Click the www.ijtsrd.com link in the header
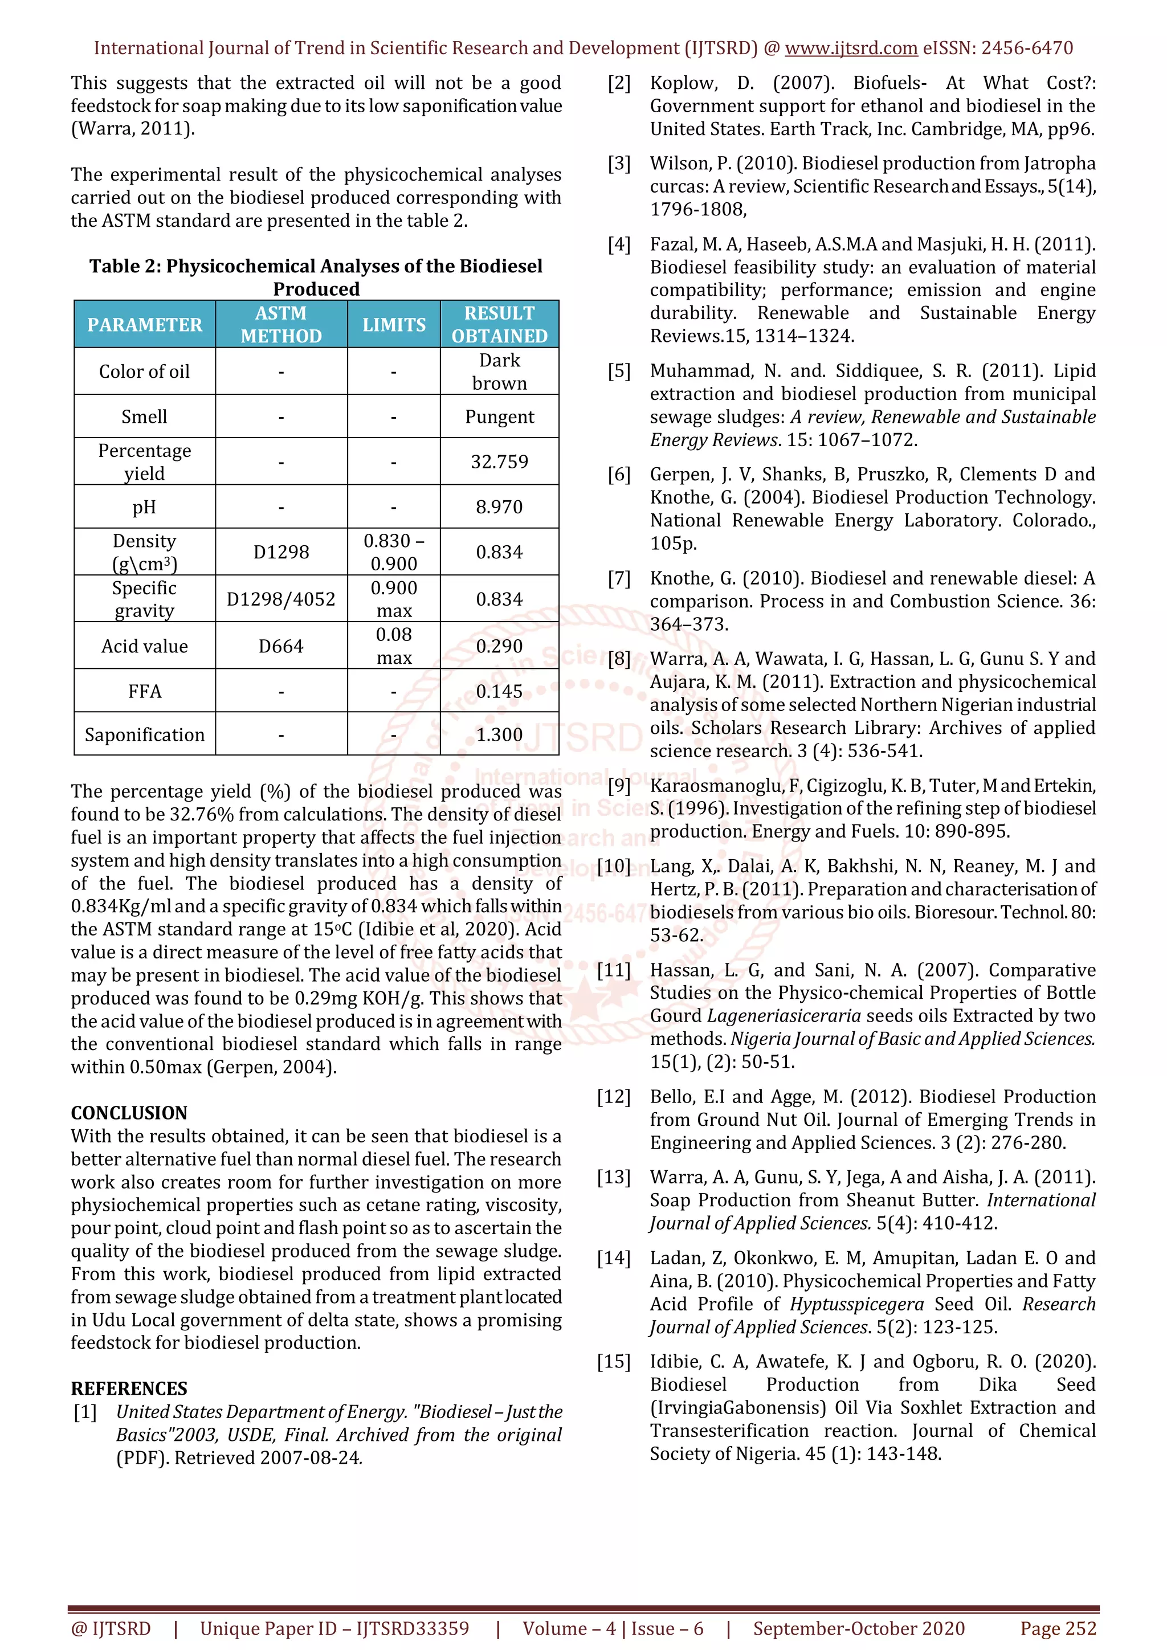point(851,48)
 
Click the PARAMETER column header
point(144,325)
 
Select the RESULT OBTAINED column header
point(499,324)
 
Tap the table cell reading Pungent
point(499,417)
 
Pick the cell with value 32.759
point(499,461)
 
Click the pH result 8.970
point(499,507)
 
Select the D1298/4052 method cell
point(281,599)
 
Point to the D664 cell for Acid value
point(281,646)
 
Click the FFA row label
point(144,691)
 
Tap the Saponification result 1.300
point(499,734)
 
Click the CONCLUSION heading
point(129,1113)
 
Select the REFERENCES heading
point(129,1388)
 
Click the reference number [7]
point(619,578)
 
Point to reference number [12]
point(614,1097)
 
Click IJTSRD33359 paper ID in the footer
point(413,1628)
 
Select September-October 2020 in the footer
point(859,1628)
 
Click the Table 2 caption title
point(316,277)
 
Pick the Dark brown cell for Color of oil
point(499,371)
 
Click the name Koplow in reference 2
point(683,83)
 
